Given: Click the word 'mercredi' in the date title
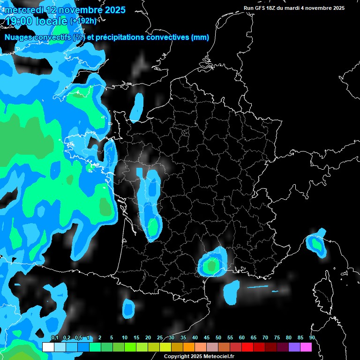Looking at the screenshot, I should pos(23,9).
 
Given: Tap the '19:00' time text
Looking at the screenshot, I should pos(19,21).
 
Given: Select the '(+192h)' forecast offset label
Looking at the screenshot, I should pos(83,21).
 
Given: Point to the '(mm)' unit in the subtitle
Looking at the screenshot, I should pos(200,37).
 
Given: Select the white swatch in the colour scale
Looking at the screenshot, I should pos(48,347).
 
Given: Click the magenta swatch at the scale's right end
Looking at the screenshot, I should pos(306,347).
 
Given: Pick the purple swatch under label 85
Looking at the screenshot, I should pos(294,347).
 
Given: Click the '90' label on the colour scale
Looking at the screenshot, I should pos(312,337).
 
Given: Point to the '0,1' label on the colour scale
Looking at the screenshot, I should pos(54,337).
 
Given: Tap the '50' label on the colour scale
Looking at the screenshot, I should pos(218,337).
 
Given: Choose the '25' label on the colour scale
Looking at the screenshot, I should pos(160,337).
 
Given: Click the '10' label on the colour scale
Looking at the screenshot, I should pos(125,337).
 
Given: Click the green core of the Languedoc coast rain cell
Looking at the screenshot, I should pos(212,266).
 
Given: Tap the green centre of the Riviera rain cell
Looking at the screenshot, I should pos(317,244).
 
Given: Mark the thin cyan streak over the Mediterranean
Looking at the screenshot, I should pos(257,286).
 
